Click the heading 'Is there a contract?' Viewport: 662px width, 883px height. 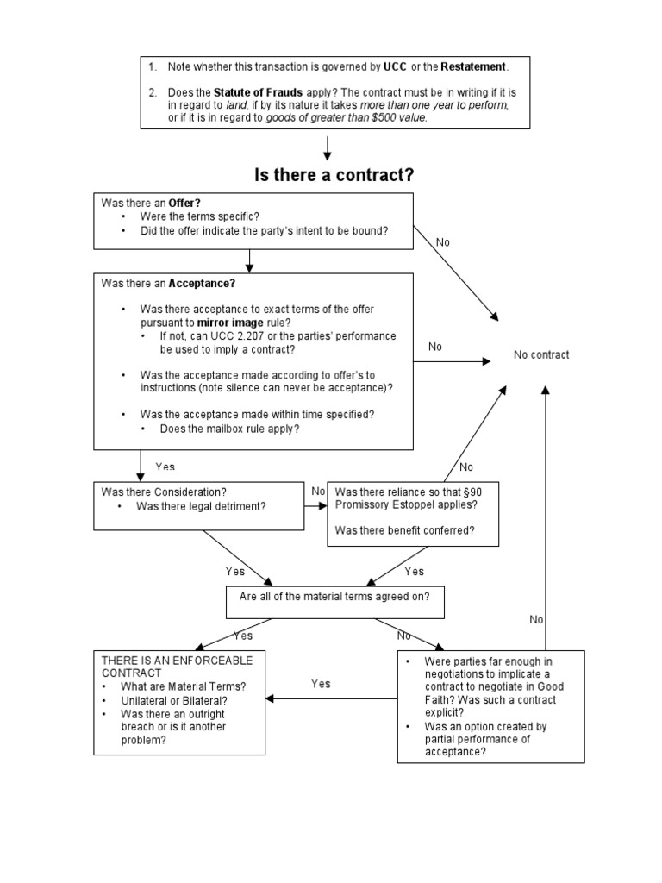[334, 175]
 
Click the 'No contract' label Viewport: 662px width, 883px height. [541, 354]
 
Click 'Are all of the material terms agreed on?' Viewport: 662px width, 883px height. [334, 596]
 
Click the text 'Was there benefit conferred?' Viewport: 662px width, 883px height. [404, 530]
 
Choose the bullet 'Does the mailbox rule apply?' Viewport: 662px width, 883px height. [229, 429]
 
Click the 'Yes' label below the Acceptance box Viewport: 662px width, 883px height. [165, 467]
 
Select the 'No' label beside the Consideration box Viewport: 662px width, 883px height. [318, 491]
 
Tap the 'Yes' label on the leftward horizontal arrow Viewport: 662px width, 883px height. [321, 684]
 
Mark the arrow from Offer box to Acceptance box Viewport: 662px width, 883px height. [248, 260]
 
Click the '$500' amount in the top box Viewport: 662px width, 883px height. [384, 118]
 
